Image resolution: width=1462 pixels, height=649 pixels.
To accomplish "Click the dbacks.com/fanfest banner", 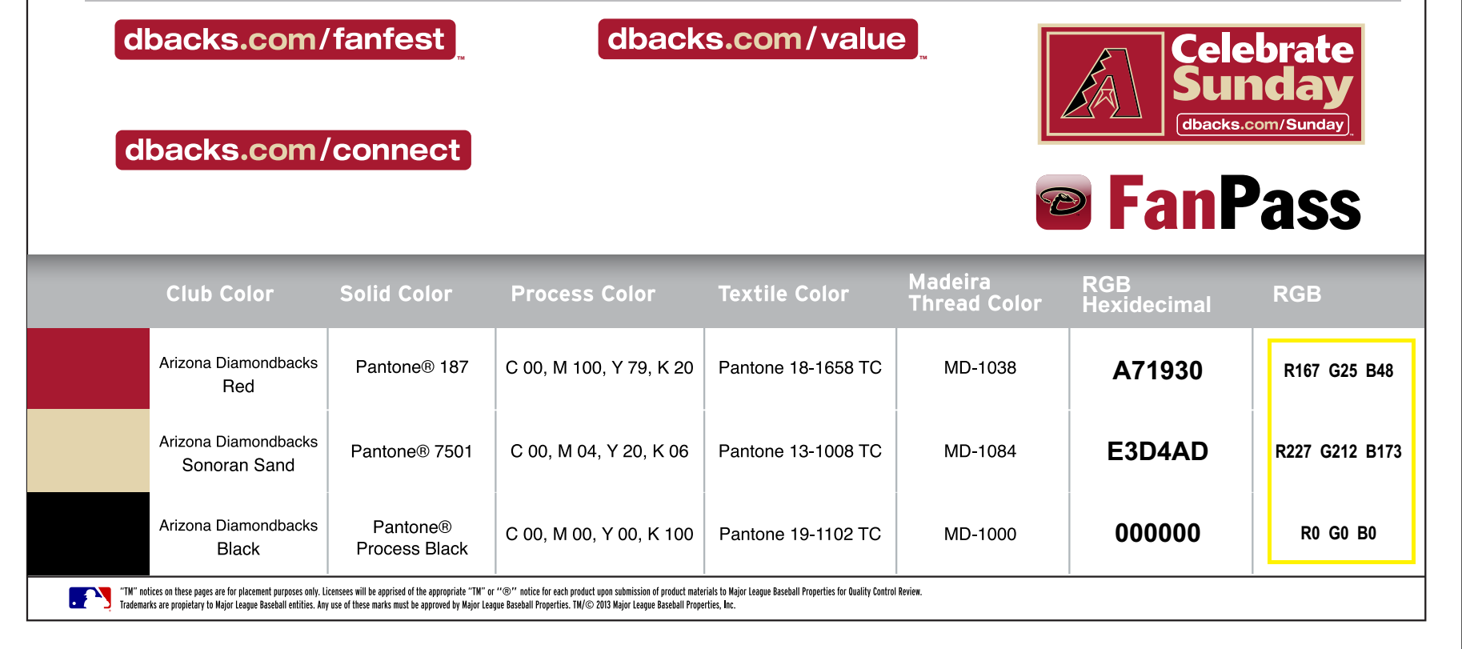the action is [x=285, y=39].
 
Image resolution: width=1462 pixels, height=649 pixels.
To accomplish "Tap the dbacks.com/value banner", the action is [x=758, y=39].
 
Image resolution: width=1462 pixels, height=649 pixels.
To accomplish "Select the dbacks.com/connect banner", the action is [x=293, y=150].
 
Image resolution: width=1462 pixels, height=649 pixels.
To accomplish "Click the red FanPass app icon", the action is [x=1063, y=202].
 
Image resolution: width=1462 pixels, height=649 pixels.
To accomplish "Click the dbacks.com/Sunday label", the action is [x=1263, y=124].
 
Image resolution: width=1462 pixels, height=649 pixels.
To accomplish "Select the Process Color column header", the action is [x=583, y=294].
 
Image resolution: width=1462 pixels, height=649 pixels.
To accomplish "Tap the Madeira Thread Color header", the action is [x=975, y=293].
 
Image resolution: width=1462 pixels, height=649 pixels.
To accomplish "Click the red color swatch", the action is [x=88, y=368].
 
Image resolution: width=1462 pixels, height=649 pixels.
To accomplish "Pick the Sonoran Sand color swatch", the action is [x=88, y=451].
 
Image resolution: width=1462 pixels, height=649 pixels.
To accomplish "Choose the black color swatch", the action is [x=88, y=534].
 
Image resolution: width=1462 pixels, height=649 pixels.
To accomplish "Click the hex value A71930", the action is [x=1157, y=371].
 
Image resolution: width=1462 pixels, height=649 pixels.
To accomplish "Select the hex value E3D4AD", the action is [x=1157, y=451].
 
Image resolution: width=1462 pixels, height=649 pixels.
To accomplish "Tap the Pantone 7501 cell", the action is [x=411, y=451].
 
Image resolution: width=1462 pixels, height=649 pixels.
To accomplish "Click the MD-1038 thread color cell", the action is [x=980, y=367].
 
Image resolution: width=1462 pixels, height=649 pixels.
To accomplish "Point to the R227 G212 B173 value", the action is [x=1338, y=451].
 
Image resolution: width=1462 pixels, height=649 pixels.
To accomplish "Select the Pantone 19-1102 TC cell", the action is [x=800, y=534].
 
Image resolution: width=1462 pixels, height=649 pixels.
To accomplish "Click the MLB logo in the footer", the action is [x=90, y=599].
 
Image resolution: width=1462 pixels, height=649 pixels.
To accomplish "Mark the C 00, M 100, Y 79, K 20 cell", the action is [x=599, y=367].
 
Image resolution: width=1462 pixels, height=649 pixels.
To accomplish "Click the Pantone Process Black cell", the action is [x=412, y=538].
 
